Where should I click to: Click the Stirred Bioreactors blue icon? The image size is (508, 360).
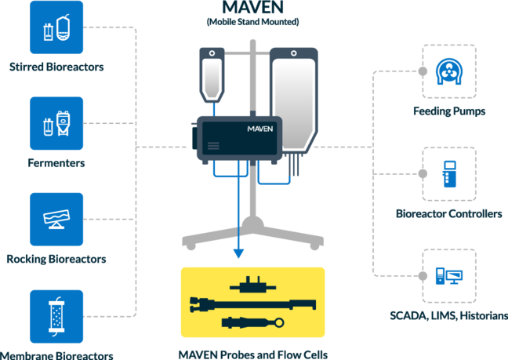56,27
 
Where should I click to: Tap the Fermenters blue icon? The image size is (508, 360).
56,123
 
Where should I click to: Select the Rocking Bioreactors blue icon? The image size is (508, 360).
56,220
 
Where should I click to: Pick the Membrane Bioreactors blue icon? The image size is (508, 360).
56,316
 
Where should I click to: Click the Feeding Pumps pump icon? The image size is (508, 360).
449,71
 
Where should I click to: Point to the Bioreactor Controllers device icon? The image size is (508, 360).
449,174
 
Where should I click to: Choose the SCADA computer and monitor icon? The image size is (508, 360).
449,276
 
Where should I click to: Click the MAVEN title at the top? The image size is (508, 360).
252,7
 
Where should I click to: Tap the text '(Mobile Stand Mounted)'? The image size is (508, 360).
252,22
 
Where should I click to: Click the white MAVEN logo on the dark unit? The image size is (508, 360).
260,129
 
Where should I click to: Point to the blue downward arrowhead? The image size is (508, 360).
238,253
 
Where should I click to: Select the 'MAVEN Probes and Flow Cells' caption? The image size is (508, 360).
253,355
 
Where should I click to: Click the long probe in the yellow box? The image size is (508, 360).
252,304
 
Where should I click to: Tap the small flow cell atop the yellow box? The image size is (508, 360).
252,285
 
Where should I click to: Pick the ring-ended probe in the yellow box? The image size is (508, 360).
252,322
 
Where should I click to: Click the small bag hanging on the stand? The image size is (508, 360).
212,75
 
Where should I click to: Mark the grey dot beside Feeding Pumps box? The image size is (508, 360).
423,71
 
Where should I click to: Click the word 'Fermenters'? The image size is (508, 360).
56,163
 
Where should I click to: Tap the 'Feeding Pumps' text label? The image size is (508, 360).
449,111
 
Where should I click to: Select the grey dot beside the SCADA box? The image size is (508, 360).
423,276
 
